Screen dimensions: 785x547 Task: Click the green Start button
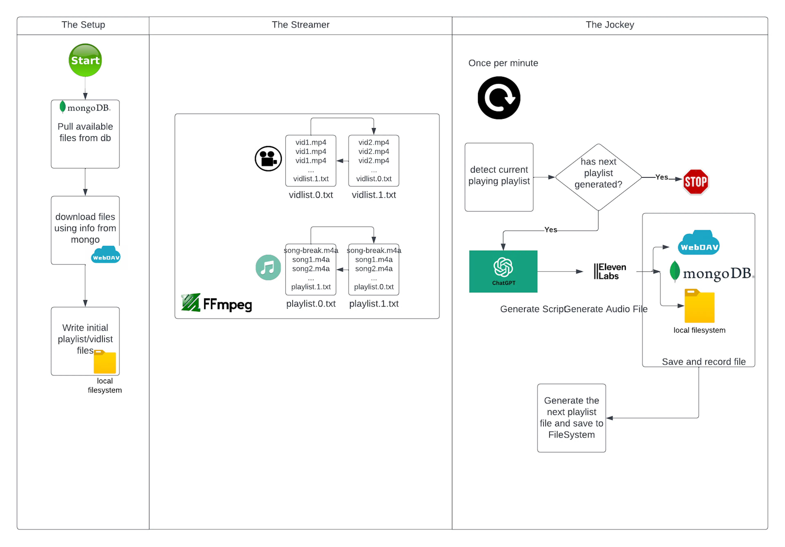pos(85,60)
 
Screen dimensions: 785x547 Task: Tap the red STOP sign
pos(695,182)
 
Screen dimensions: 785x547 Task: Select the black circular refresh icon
pos(499,98)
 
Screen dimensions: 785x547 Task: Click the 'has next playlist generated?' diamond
pos(598,177)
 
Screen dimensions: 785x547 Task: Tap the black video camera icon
pos(268,159)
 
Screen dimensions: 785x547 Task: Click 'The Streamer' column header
pos(301,25)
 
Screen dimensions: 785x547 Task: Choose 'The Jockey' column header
pos(610,25)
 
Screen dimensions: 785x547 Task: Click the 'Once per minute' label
pos(503,63)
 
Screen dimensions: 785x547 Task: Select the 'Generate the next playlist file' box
pos(571,418)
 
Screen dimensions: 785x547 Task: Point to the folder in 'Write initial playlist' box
pos(105,362)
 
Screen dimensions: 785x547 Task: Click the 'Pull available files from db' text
pos(85,132)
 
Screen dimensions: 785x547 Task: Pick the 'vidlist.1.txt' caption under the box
pos(374,195)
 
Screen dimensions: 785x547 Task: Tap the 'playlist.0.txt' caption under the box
pos(311,303)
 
